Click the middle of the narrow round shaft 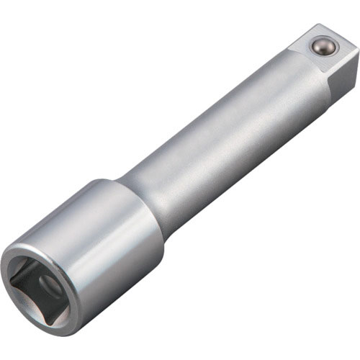(216, 144)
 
